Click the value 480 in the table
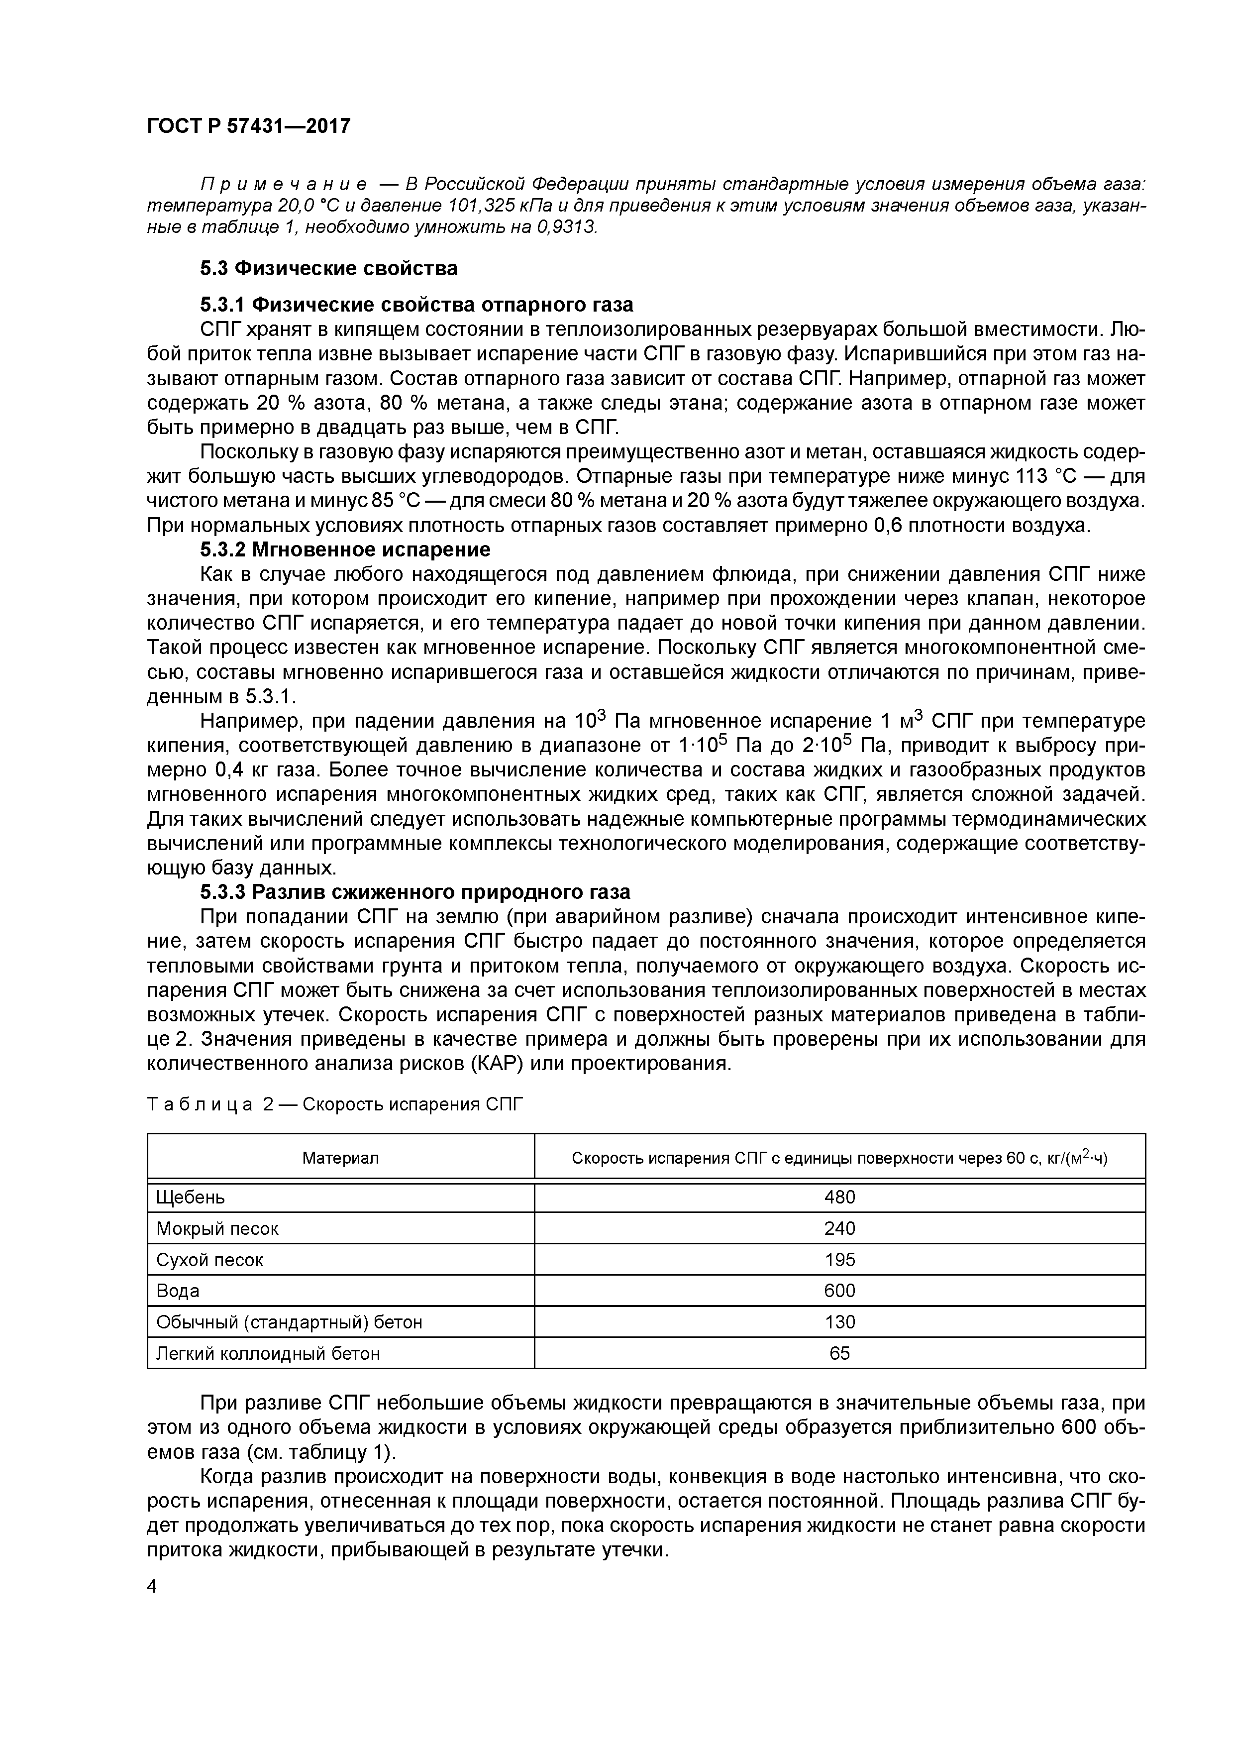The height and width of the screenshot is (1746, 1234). [839, 1198]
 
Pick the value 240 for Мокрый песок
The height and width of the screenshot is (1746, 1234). [839, 1229]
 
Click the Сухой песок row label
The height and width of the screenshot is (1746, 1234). [210, 1260]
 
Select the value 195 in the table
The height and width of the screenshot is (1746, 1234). [839, 1260]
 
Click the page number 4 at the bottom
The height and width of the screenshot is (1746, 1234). [152, 1587]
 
